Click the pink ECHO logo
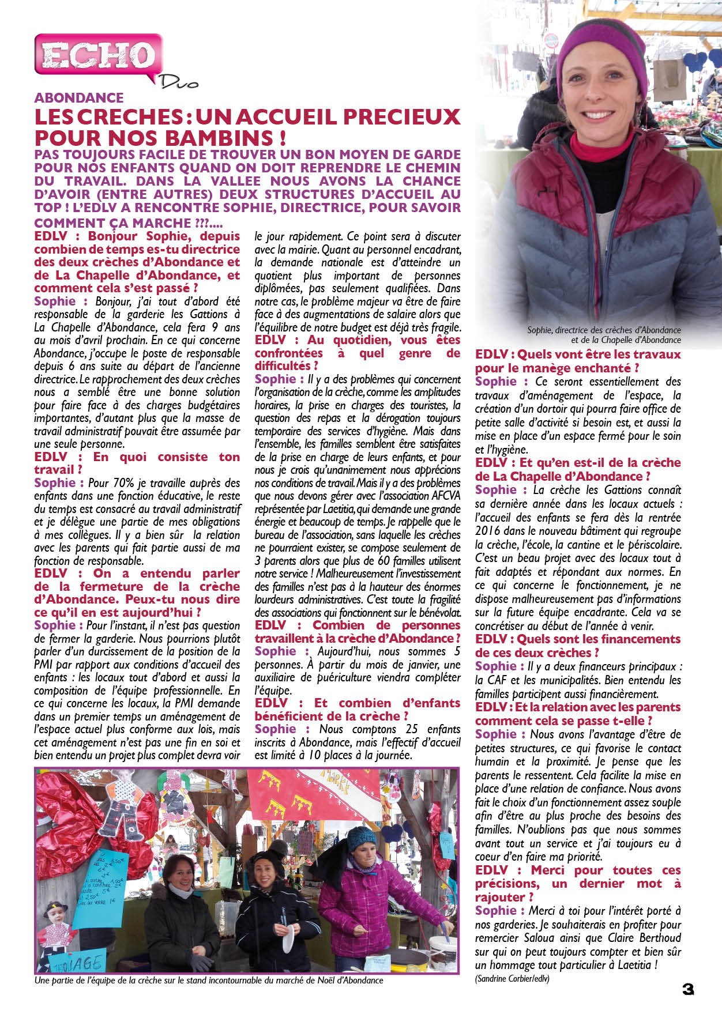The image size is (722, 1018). pos(98,56)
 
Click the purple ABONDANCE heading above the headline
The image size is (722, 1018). pos(79,97)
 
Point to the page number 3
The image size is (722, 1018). pos(687,989)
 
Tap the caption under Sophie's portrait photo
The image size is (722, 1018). pos(604,335)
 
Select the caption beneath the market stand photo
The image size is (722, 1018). pos(209,980)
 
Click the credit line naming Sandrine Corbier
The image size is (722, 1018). pos(512,978)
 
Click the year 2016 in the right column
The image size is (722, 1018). pos(487,531)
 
